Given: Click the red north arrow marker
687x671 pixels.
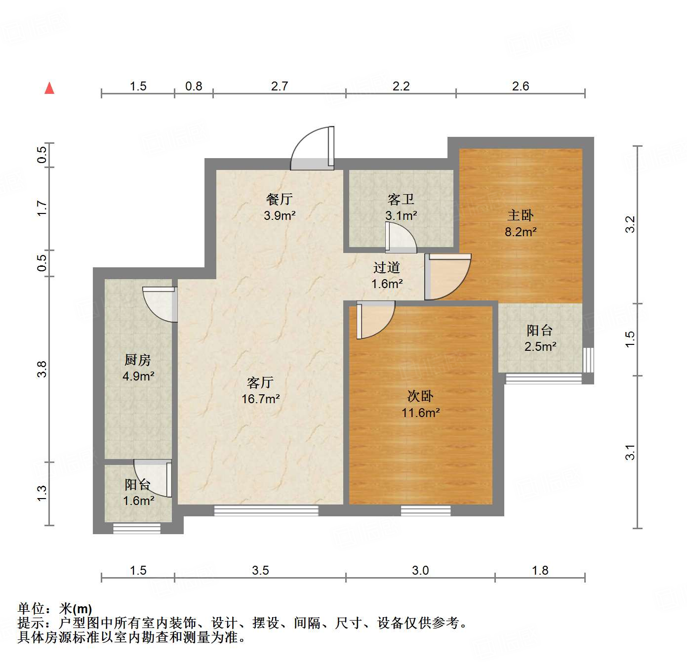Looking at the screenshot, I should click(x=49, y=88).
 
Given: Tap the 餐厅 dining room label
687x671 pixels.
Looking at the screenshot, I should click(x=280, y=199).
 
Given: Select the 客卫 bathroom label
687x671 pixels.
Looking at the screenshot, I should click(x=401, y=199).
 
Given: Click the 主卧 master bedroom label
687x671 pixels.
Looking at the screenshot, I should click(x=521, y=215).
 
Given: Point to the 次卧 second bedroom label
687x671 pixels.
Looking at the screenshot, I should click(x=420, y=396).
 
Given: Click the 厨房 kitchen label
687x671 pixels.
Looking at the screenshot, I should click(x=138, y=360).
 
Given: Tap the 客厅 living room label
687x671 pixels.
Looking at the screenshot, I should click(x=260, y=382).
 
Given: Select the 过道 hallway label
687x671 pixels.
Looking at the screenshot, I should click(x=387, y=267).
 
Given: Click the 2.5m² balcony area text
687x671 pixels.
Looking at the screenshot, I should click(x=540, y=347).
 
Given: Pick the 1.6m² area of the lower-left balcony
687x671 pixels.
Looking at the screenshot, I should click(x=138, y=501).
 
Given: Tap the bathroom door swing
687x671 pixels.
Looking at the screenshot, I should click(x=401, y=238).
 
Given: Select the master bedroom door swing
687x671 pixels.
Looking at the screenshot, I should click(x=447, y=277).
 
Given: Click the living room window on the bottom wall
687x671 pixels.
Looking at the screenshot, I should click(x=266, y=510).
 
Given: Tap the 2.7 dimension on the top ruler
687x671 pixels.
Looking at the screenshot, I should click(x=280, y=86).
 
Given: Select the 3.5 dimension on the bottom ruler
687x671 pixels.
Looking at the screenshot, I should click(x=260, y=571).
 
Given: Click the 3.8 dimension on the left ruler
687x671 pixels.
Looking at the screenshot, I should click(x=42, y=370).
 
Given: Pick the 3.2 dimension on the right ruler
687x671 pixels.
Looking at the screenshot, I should click(x=630, y=225).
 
